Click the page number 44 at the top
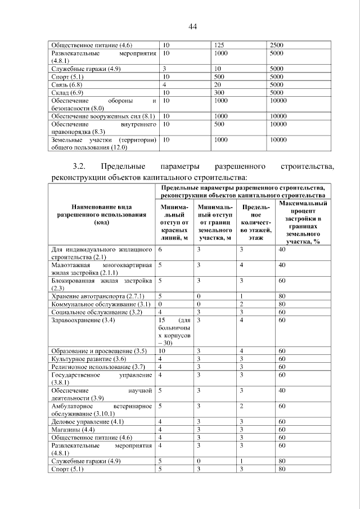pos(192,26)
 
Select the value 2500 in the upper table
pos(277,44)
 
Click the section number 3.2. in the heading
pos(83,167)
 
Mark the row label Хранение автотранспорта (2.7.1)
pos(98,296)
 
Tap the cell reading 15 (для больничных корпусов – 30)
pos(174,331)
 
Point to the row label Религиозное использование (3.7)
pos(98,367)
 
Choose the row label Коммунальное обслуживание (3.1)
pos(100,304)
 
